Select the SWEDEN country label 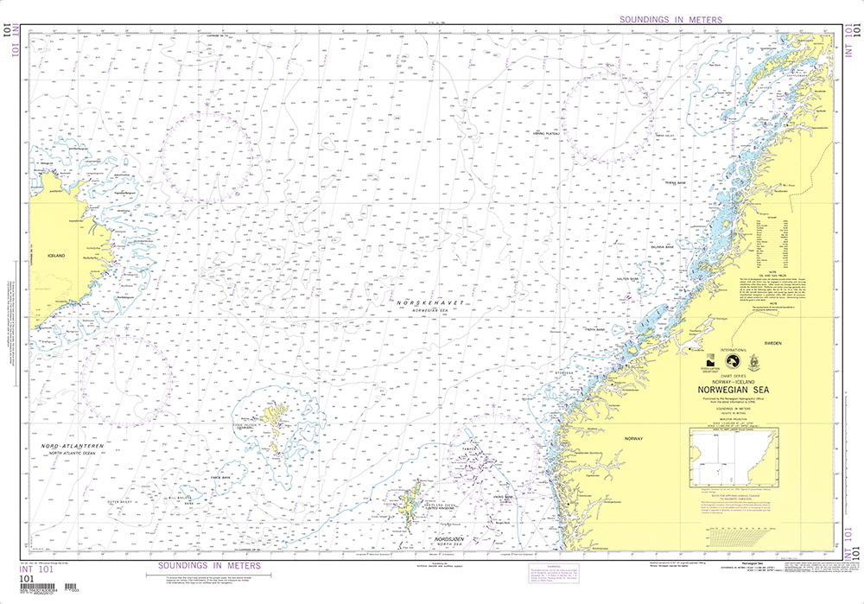coord(772,343)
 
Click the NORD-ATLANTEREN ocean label coord(73,446)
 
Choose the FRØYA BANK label coord(594,328)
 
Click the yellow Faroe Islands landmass coord(276,429)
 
